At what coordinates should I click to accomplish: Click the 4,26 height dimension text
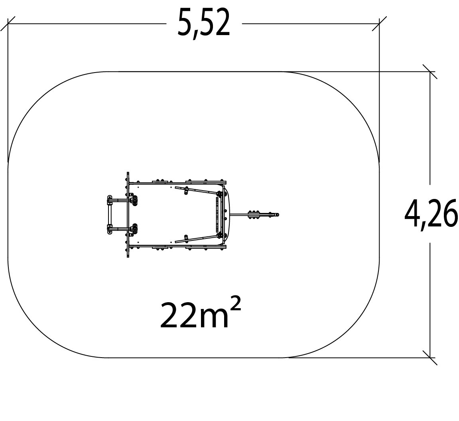431,214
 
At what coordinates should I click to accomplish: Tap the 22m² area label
201,313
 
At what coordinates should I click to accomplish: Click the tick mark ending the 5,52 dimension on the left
8,24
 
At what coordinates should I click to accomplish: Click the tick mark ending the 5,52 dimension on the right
379,24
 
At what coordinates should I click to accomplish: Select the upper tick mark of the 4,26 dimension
430,72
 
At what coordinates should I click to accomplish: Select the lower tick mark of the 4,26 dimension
430,358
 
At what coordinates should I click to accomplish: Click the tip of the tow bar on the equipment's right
278,215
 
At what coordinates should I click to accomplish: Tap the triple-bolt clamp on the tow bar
254,214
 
